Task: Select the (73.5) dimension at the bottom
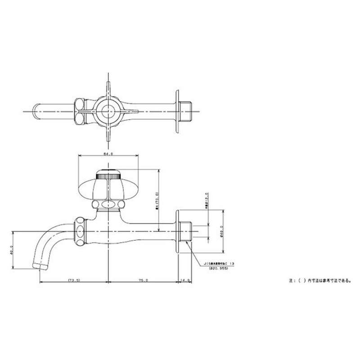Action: (x=74, y=280)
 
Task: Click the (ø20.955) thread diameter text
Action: (x=219, y=269)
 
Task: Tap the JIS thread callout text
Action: (x=219, y=263)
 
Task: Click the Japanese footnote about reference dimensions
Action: (x=320, y=280)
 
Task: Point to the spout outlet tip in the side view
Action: (x=40, y=266)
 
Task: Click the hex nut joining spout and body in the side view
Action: (x=79, y=232)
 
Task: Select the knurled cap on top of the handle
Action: (x=108, y=173)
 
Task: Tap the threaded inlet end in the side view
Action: (x=188, y=232)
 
